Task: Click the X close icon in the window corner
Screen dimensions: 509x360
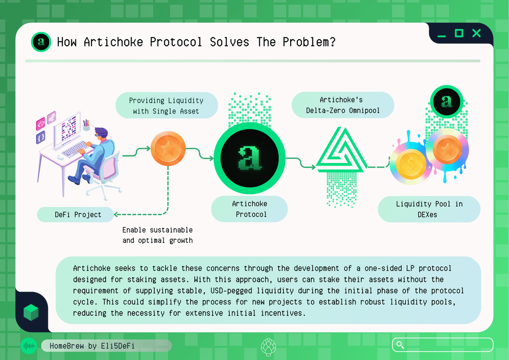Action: [476, 33]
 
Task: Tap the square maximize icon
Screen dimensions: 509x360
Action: [459, 33]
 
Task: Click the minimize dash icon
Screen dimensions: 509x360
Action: [442, 36]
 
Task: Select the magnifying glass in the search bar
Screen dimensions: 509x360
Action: [400, 345]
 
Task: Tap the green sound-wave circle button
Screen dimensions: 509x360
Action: [29, 346]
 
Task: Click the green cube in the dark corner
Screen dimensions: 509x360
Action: [31, 312]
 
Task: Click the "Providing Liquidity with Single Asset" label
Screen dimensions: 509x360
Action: [167, 105]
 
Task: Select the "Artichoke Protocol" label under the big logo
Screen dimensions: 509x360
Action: [249, 209]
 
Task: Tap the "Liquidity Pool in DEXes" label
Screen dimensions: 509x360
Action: [429, 209]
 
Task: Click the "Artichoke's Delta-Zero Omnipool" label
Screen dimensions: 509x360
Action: [343, 105]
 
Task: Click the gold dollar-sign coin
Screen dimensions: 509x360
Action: [411, 164]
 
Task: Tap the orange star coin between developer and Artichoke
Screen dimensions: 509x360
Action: [168, 148]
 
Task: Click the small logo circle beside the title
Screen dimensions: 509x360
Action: [41, 42]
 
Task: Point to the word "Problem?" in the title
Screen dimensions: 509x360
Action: [309, 42]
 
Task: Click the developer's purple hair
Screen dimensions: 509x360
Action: [101, 132]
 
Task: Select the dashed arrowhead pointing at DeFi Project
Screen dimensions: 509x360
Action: [116, 214]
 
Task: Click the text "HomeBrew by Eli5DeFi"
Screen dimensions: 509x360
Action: [92, 346]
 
